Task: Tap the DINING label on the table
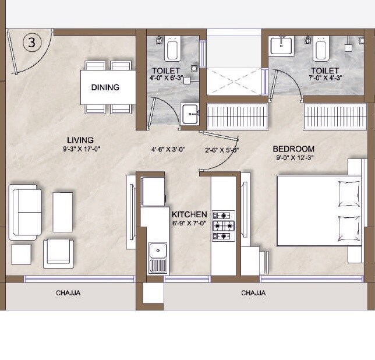coord(105,87)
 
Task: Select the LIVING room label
coord(80,140)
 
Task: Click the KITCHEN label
coord(189,214)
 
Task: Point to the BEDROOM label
coord(293,149)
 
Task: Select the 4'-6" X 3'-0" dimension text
coord(168,150)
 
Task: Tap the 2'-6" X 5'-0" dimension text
coord(222,150)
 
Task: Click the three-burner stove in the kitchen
coord(224,226)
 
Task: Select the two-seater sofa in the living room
coord(26,211)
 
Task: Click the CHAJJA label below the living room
coord(68,293)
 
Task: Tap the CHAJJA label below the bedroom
coord(253,293)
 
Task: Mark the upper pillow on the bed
coord(349,193)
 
